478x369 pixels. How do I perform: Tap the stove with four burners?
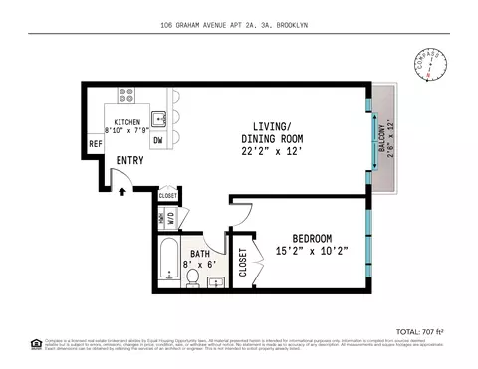pyautogui.click(x=127, y=96)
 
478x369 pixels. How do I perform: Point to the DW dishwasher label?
pyautogui.click(x=157, y=141)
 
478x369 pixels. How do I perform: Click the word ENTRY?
pyautogui.click(x=130, y=160)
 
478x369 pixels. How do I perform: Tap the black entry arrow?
pyautogui.click(x=123, y=192)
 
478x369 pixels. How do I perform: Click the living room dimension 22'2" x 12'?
pyautogui.click(x=269, y=150)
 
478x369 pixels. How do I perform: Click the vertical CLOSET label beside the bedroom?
pyautogui.click(x=244, y=262)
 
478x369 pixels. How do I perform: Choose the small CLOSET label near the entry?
pyautogui.click(x=168, y=196)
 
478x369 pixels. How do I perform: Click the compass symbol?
pyautogui.click(x=429, y=68)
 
